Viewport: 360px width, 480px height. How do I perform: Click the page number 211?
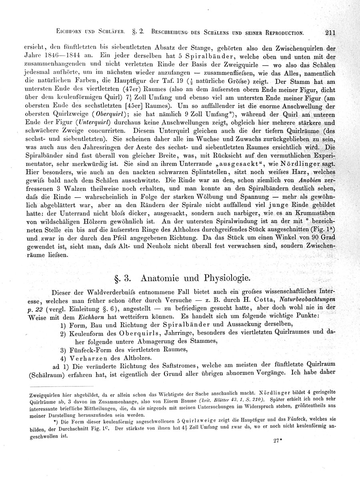tap(330, 33)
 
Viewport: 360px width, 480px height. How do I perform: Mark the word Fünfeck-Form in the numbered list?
tap(92, 349)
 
